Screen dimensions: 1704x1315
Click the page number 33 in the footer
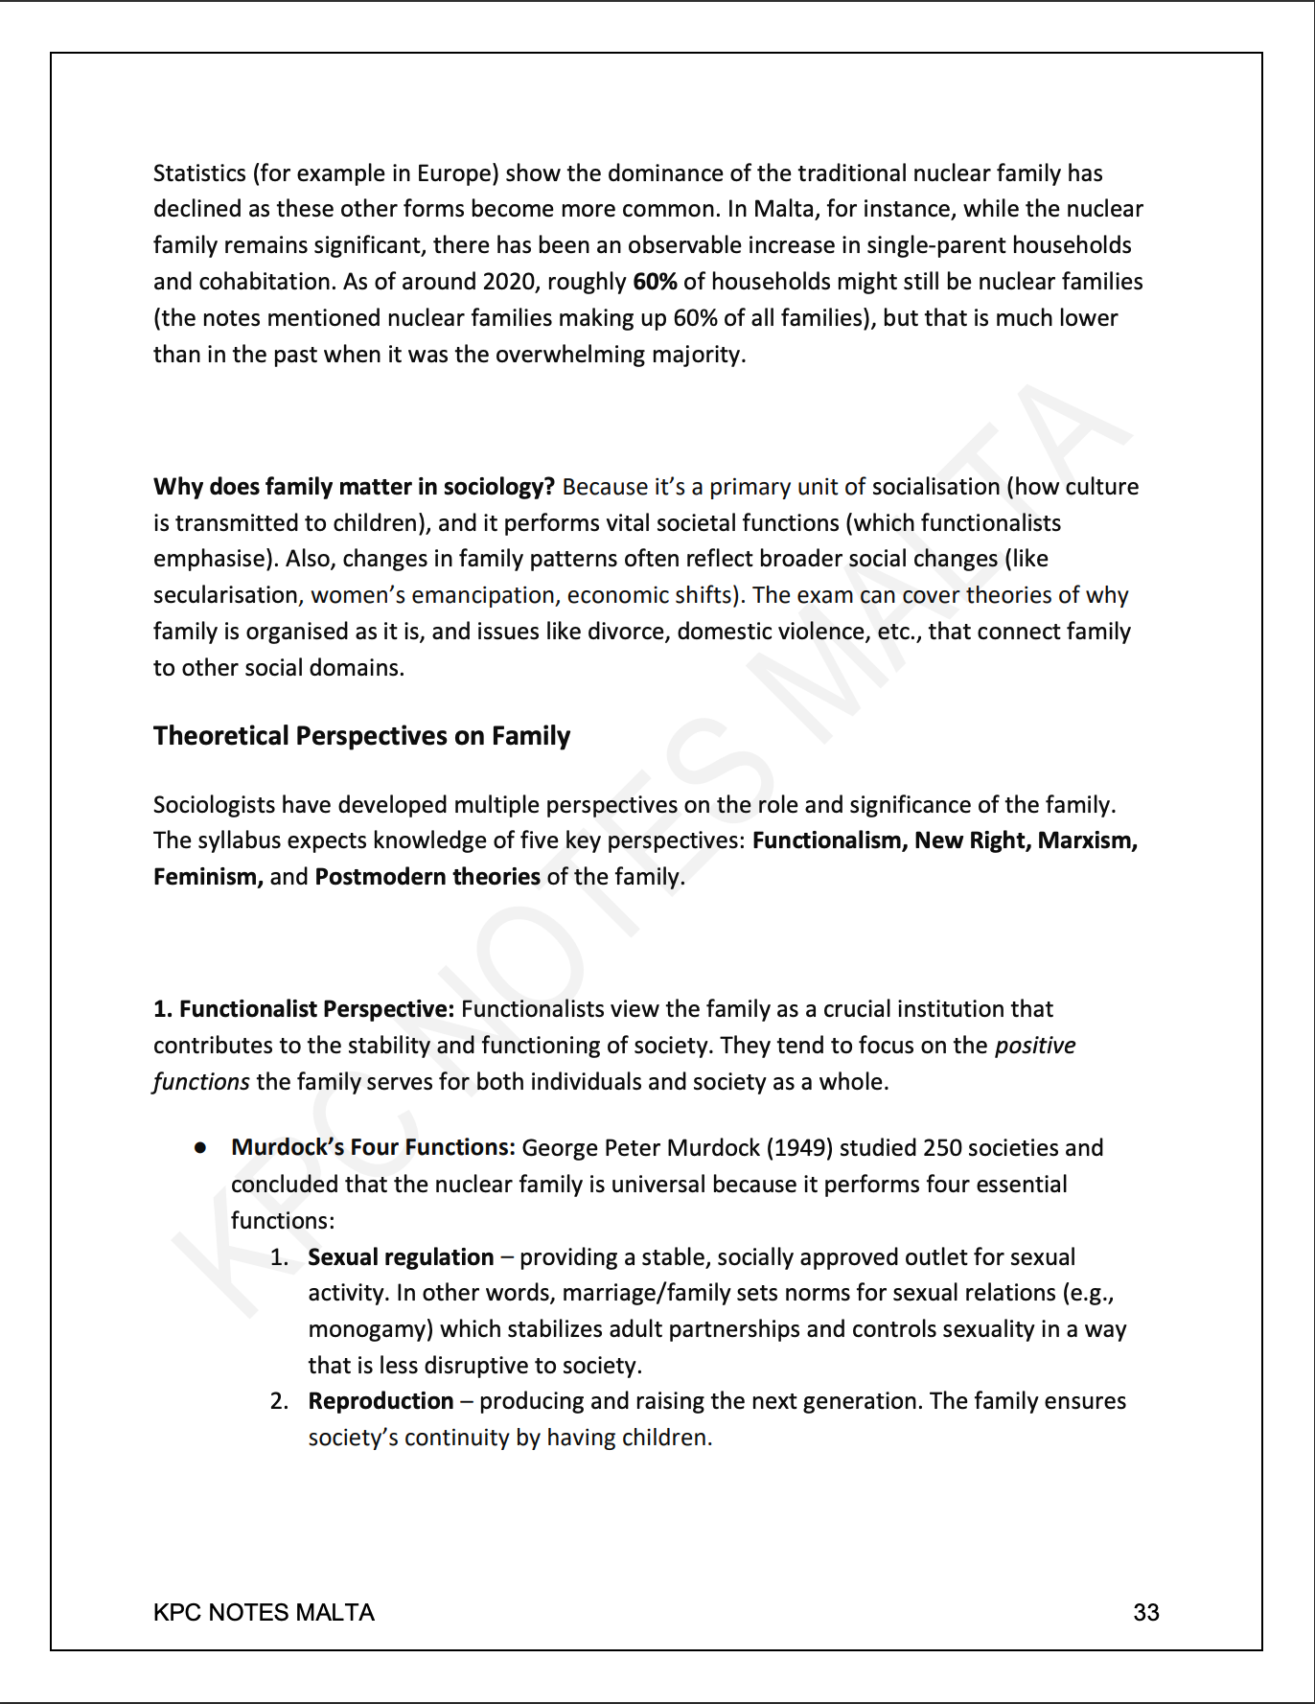(x=1145, y=1612)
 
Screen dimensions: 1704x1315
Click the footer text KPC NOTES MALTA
(x=264, y=1612)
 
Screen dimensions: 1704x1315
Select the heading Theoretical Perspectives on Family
(x=361, y=736)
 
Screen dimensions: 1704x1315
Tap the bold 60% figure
(x=655, y=282)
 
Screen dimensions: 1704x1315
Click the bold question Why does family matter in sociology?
(x=354, y=487)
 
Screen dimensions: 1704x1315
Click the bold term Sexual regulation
(x=401, y=1257)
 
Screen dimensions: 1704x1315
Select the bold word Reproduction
(x=381, y=1401)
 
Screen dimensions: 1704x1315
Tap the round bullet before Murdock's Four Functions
(x=200, y=1148)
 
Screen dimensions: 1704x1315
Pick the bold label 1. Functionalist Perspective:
(x=303, y=1009)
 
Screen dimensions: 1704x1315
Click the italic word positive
(x=1035, y=1046)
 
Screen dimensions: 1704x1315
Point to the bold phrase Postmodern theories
(x=427, y=877)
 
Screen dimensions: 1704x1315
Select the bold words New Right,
(x=972, y=840)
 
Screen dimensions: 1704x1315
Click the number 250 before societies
(x=943, y=1148)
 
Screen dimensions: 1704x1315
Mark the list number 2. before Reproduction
(x=279, y=1401)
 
